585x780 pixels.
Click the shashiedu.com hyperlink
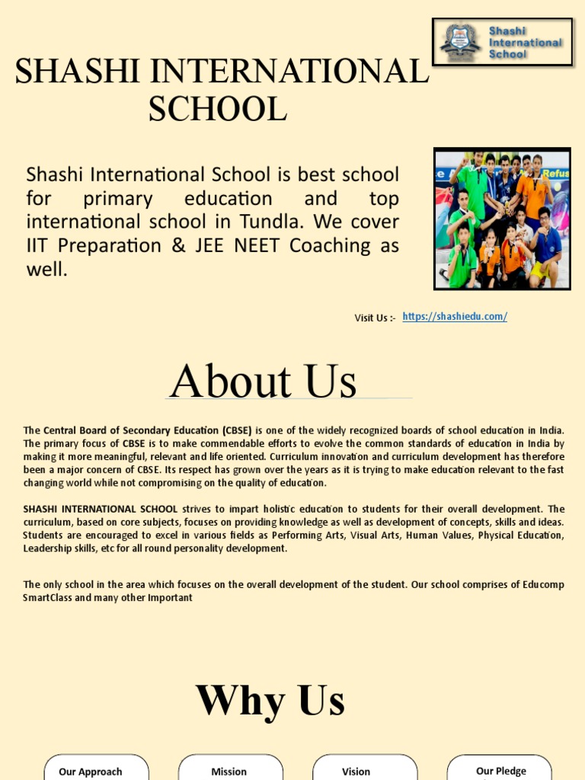pyautogui.click(x=454, y=317)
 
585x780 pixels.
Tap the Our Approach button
pyautogui.click(x=91, y=770)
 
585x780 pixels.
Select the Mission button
pyautogui.click(x=229, y=770)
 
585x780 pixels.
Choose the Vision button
pyautogui.click(x=356, y=770)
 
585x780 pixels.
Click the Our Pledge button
pyautogui.click(x=500, y=770)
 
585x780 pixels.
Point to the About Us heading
pyautogui.click(x=263, y=382)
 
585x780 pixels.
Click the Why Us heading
pyautogui.click(x=270, y=701)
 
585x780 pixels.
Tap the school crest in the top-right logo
pyautogui.click(x=460, y=41)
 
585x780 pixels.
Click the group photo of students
pyautogui.click(x=502, y=219)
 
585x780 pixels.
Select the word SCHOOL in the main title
pyautogui.click(x=217, y=108)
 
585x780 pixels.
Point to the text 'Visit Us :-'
pyautogui.click(x=375, y=318)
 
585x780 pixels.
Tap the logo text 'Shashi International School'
pyautogui.click(x=524, y=43)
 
